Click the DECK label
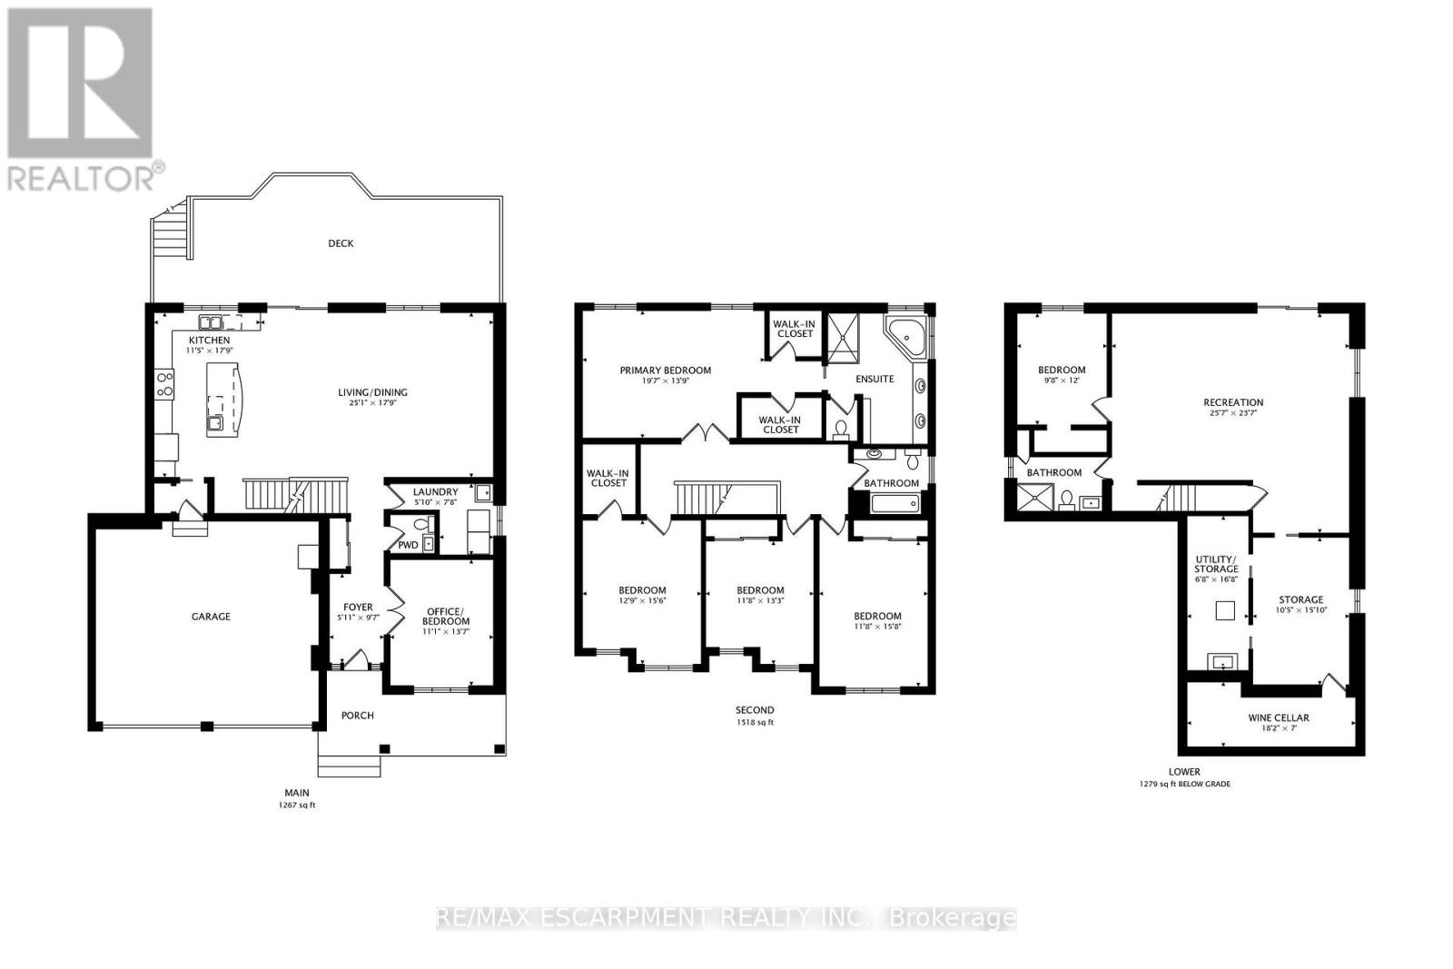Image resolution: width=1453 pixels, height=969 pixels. point(341,243)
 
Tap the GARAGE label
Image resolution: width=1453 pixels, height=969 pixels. point(211,616)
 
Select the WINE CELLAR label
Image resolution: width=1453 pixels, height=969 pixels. point(1279,717)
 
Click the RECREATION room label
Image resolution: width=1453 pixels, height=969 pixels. point(1233,402)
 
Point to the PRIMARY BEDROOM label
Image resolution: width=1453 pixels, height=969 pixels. point(665,371)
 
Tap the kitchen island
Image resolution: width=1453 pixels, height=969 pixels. point(224,400)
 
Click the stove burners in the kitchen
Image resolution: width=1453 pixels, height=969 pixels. point(164,383)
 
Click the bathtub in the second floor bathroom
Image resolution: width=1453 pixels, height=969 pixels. point(895,502)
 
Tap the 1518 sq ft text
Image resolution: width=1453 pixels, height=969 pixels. point(755,722)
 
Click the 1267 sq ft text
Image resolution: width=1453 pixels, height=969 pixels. point(297,805)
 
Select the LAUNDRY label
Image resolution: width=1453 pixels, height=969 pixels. point(435,492)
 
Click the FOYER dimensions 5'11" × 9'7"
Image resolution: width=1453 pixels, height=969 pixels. point(358,618)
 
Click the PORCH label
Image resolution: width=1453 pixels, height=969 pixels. point(358,716)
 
